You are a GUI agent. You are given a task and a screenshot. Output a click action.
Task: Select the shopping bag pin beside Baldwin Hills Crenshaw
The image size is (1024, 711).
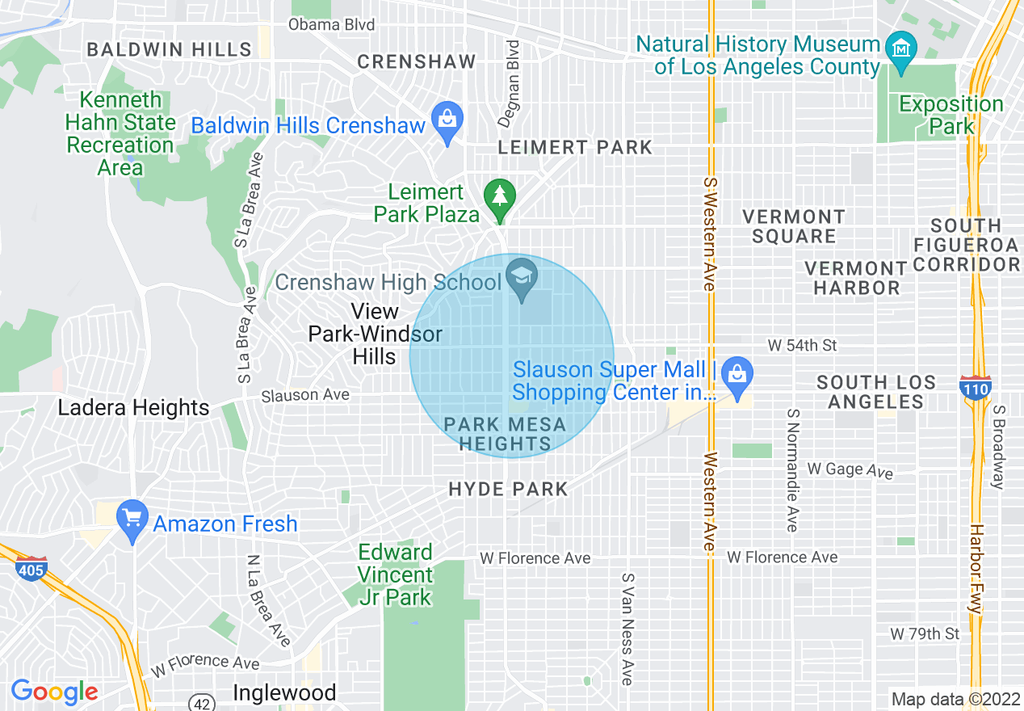(x=447, y=121)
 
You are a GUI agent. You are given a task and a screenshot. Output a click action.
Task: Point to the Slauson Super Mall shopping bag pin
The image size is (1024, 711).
(x=737, y=374)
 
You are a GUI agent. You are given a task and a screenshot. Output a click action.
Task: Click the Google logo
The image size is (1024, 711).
(x=54, y=692)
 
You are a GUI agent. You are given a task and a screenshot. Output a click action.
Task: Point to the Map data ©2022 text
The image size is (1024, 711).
(x=955, y=699)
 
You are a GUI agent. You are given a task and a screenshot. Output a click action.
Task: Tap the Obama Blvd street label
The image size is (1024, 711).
(x=331, y=25)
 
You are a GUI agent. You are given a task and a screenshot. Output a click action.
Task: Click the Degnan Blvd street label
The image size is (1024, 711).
(x=510, y=83)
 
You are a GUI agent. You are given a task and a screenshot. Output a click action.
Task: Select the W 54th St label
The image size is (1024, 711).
(x=802, y=346)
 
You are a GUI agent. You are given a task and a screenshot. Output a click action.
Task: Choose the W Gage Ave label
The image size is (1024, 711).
(x=850, y=469)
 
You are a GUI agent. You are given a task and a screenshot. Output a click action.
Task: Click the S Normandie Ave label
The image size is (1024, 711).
(x=792, y=469)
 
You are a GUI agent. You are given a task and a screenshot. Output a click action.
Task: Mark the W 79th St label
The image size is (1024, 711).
(x=925, y=633)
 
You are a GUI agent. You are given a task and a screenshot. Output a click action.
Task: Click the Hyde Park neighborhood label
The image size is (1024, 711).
(x=508, y=490)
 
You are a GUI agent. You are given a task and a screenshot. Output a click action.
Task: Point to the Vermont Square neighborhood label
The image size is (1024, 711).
(x=793, y=226)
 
